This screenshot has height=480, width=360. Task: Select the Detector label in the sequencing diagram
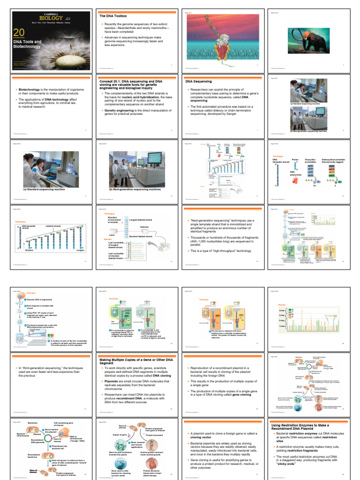[144, 226]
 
